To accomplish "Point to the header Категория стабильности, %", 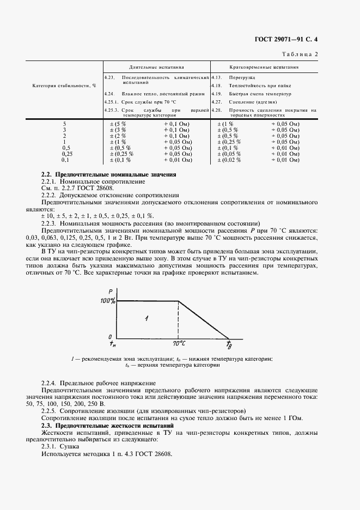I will coord(64,86).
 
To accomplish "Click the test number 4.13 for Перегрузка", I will coord(216,78).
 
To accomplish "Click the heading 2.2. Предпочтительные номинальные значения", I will coord(109,174).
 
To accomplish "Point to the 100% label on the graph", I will coord(107,301).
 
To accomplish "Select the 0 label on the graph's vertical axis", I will coord(109,337).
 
